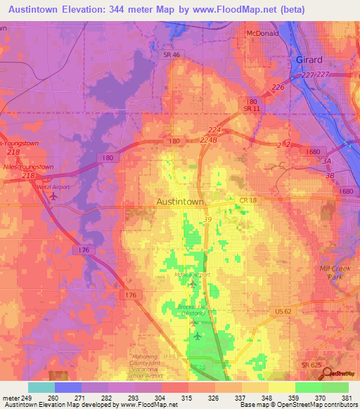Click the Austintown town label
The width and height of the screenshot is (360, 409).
(x=179, y=202)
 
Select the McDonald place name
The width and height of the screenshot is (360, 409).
(x=262, y=33)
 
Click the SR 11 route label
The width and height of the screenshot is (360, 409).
(x=252, y=110)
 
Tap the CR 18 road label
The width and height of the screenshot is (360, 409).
(x=248, y=201)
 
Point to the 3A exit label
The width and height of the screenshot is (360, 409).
(x=326, y=160)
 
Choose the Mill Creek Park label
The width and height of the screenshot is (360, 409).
(x=329, y=272)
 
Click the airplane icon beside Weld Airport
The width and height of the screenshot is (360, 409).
(x=54, y=197)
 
